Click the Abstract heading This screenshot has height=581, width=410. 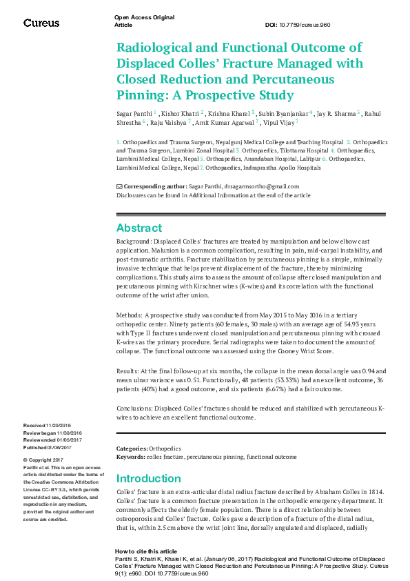139,228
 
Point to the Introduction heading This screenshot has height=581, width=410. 148,479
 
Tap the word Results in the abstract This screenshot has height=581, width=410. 127,371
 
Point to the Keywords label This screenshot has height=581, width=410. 130,457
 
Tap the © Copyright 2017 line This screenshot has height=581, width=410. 43,460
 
